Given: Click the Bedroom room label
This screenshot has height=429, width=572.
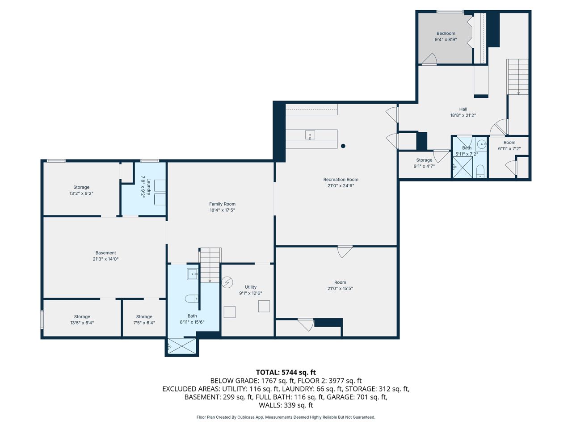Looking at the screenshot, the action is pos(446,34).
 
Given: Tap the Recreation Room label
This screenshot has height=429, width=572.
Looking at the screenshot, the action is pos(341,180).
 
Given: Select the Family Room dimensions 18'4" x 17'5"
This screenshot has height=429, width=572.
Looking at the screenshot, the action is pos(222,210).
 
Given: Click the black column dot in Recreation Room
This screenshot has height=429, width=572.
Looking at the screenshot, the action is pos(343,146).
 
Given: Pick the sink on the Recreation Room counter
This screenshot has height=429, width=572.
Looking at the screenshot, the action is pos(310,135).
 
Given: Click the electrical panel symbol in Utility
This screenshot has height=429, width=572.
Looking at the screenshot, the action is pos(227,282).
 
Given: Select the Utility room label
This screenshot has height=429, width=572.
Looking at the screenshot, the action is pos(250,287).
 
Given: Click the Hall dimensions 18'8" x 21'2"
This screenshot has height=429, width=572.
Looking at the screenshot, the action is pos(463,115).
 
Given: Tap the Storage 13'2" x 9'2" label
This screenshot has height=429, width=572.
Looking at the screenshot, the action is pos(81,190).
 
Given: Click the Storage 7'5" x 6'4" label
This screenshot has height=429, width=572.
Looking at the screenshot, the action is pos(144,320).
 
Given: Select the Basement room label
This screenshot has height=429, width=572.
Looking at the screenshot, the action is pos(105,252).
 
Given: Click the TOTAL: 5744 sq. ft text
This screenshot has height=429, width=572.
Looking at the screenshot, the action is pos(286,372).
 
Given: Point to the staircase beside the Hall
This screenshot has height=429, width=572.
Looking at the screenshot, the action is pos(517,77).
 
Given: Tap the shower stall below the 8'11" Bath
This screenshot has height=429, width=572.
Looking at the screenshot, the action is pos(181,346).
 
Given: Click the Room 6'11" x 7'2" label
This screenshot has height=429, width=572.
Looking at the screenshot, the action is pos(509,145).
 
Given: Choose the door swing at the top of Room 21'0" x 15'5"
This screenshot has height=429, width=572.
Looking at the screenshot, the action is pos(345,251).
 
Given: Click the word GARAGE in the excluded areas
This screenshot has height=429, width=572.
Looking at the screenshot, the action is pos(338,397).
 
